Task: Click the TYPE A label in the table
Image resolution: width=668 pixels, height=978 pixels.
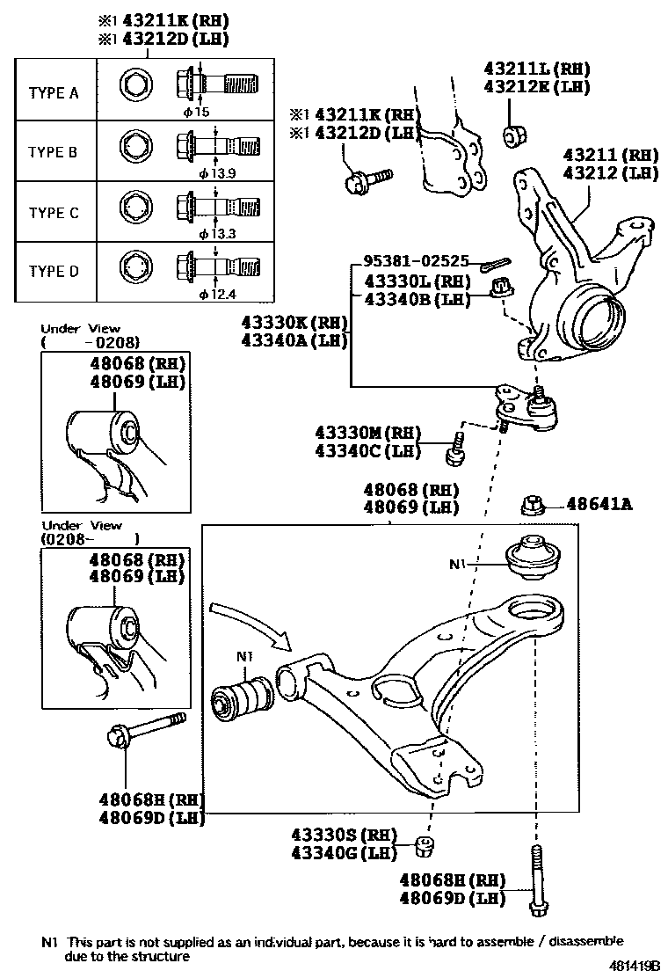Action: [x=54, y=92]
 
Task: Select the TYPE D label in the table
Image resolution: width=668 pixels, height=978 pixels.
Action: [x=54, y=271]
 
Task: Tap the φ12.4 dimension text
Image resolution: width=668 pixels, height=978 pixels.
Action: [x=218, y=293]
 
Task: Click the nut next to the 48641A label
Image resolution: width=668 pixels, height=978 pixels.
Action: [x=534, y=506]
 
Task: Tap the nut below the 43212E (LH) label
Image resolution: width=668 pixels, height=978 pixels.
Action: [x=514, y=136]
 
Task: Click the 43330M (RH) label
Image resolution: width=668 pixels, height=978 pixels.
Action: [x=367, y=434]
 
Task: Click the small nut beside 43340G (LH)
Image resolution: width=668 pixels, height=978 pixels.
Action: [x=424, y=847]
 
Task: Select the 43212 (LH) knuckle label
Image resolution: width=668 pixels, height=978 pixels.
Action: [x=610, y=173]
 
